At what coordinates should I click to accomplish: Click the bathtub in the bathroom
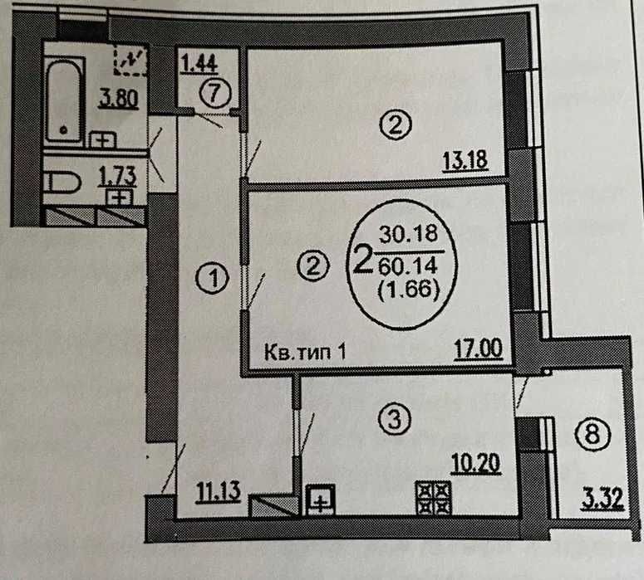(x=64, y=97)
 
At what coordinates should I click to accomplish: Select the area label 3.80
(x=117, y=100)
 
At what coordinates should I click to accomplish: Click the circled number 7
(x=214, y=93)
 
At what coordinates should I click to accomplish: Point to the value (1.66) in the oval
(x=407, y=291)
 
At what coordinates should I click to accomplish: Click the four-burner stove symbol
(x=433, y=499)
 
